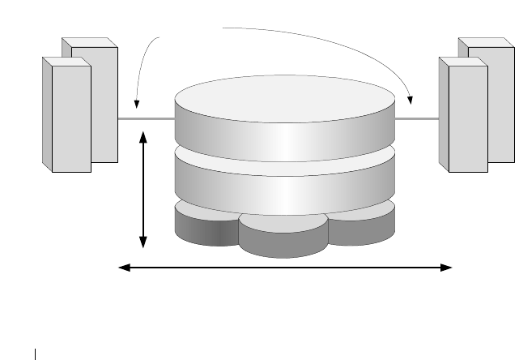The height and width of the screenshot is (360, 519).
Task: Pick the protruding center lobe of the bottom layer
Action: (283, 239)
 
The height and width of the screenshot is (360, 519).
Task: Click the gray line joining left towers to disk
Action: (147, 119)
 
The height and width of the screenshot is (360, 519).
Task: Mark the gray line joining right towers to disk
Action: (418, 119)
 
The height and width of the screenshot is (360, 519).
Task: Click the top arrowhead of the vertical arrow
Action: (144, 137)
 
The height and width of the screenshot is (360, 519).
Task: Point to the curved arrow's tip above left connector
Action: (137, 106)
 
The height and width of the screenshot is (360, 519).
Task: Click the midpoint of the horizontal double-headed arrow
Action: (285, 267)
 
